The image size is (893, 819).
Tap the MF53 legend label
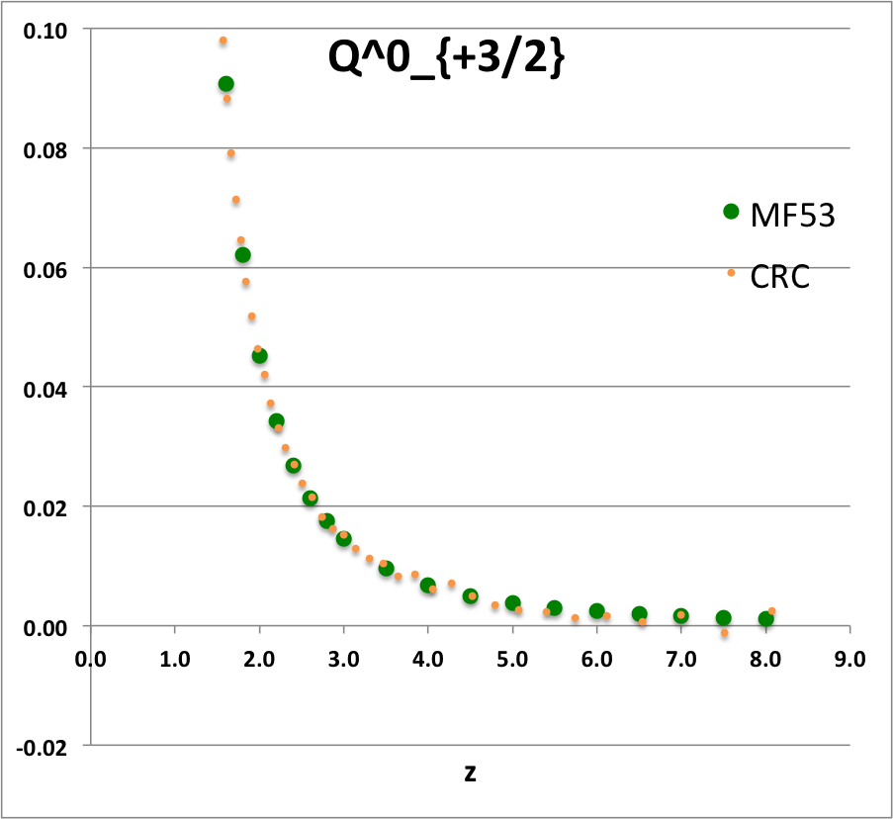(793, 214)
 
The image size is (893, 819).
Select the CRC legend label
(780, 277)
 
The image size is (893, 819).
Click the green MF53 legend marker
(731, 211)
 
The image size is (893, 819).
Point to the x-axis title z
(470, 773)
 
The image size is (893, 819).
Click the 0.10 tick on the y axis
(46, 30)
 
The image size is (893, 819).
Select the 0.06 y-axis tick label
(46, 268)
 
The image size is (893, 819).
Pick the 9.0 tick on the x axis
(849, 656)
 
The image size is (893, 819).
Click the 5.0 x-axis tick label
(512, 656)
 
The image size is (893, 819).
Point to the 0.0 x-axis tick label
(91, 656)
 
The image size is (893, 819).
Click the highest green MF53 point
(225, 84)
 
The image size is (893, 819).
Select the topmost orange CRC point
(223, 41)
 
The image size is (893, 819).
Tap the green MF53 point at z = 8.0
(765, 619)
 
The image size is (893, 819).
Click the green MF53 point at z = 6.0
(596, 611)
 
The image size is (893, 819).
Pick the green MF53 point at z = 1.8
(242, 255)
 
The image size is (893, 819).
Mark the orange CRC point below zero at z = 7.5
(724, 633)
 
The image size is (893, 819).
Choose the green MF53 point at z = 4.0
(428, 586)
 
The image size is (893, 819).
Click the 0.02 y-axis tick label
(46, 506)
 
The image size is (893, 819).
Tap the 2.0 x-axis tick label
(259, 656)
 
